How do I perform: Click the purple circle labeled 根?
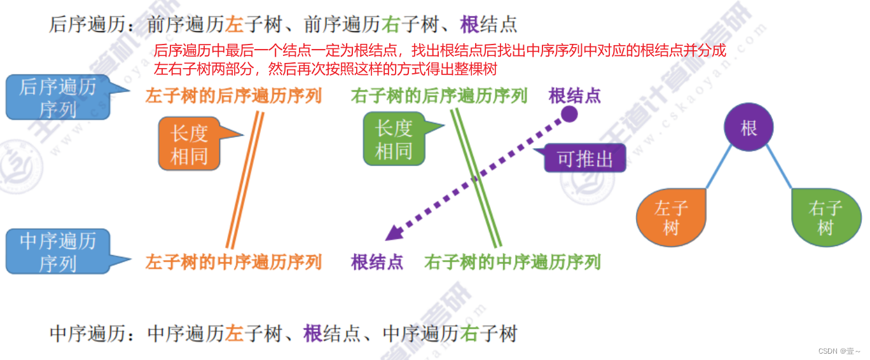click(x=749, y=127)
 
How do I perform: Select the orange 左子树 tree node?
click(x=671, y=218)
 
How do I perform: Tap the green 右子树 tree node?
click(x=825, y=218)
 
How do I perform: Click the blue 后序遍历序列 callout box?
click(x=57, y=97)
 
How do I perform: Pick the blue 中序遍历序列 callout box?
click(x=57, y=251)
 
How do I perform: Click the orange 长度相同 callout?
click(x=189, y=144)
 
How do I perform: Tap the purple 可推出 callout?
click(x=584, y=158)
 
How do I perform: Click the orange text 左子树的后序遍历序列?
click(x=233, y=96)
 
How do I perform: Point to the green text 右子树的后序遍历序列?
click(x=439, y=96)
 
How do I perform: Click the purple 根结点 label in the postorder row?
click(x=574, y=96)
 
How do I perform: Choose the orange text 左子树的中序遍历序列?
click(x=233, y=262)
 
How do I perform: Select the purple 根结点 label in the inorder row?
click(x=377, y=262)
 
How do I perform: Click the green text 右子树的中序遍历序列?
click(x=512, y=262)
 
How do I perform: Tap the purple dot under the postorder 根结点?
click(x=569, y=114)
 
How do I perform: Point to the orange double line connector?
click(x=245, y=179)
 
